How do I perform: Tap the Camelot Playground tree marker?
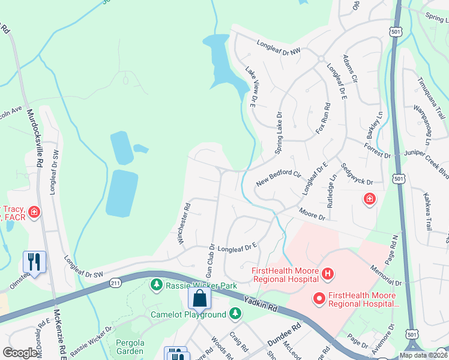[236, 314]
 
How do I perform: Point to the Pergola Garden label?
[130, 346]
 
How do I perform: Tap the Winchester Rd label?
[184, 223]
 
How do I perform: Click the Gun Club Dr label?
[211, 260]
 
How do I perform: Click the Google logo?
[20, 353]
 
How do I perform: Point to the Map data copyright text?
[423, 355]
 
